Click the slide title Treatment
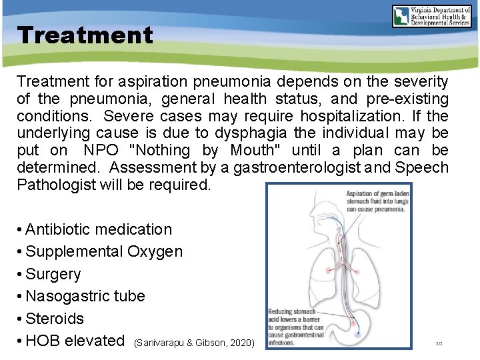click(85, 35)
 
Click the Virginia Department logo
click(433, 17)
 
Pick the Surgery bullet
click(53, 274)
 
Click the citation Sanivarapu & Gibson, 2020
click(195, 343)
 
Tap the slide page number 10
click(439, 343)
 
